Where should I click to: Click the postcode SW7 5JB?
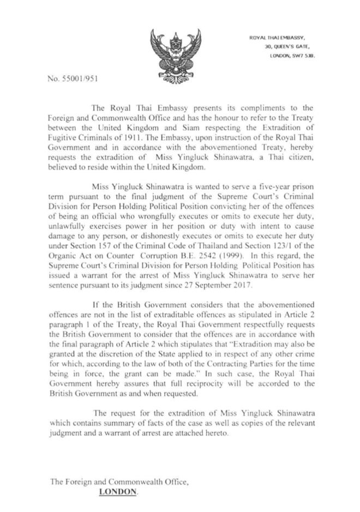coord(296,56)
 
